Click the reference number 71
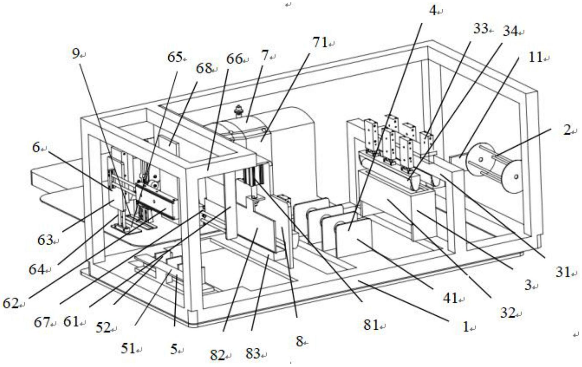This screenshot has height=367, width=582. (x=320, y=43)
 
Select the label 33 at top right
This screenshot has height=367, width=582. (x=481, y=29)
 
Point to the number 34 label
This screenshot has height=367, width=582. (x=510, y=31)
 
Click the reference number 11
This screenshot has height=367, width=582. (x=536, y=57)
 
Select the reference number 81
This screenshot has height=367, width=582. (x=371, y=325)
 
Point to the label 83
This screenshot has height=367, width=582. (x=253, y=353)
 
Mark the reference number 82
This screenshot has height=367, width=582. (x=217, y=356)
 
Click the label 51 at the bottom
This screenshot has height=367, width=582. (x=128, y=349)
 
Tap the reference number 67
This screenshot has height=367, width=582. (x=41, y=323)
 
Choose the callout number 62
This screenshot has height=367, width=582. (x=10, y=303)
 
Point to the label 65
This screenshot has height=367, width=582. (x=175, y=57)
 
